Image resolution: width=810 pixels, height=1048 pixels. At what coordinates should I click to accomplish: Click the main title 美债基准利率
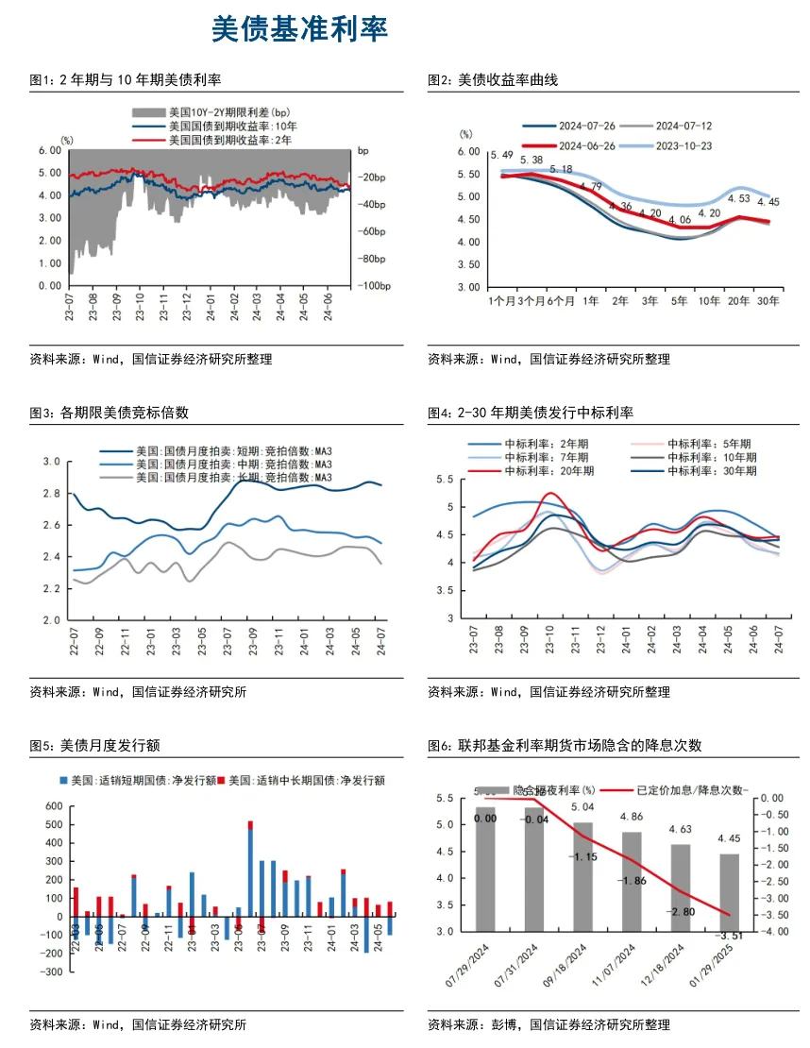pyautogui.click(x=299, y=29)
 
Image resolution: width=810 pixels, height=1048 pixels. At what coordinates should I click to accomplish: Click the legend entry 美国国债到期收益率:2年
pyautogui.click(x=230, y=140)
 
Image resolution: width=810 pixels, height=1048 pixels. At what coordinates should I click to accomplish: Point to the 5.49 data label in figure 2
pyautogui.click(x=501, y=155)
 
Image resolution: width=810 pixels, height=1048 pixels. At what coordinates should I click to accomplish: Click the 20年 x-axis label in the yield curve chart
pyautogui.click(x=737, y=301)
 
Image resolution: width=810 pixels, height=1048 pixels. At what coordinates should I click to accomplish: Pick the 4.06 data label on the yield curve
pyautogui.click(x=679, y=220)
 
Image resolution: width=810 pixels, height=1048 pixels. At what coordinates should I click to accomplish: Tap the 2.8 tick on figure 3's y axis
pyautogui.click(x=52, y=494)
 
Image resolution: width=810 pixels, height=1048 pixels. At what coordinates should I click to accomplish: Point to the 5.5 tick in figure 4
pyautogui.click(x=448, y=481)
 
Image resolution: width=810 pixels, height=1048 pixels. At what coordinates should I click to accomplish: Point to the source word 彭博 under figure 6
pyautogui.click(x=505, y=1024)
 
